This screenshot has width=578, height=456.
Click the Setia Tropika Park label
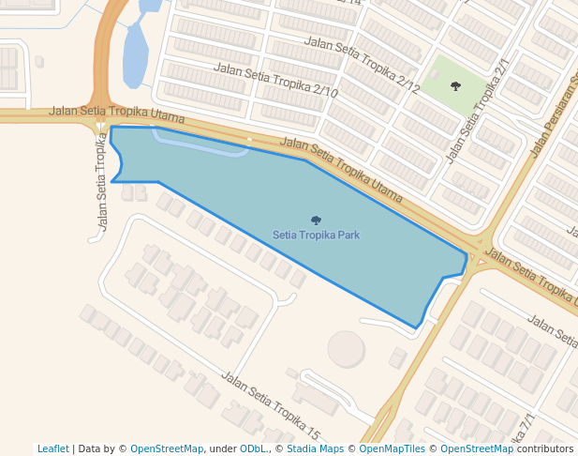coord(316,235)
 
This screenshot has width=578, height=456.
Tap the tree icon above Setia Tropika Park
coord(316,220)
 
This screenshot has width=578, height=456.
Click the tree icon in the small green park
coord(455,86)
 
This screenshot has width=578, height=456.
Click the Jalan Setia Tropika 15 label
coord(271,405)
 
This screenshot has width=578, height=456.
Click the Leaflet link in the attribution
coord(52,449)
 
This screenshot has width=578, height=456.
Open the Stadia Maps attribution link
coord(314,449)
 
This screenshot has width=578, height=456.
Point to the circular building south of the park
coord(346,348)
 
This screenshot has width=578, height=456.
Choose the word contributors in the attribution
coord(545,449)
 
